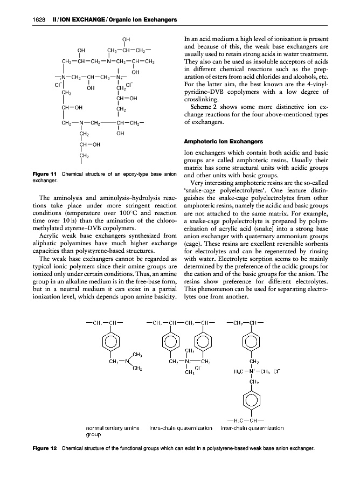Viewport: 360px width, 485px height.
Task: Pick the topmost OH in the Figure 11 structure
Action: pyautogui.click(x=126, y=39)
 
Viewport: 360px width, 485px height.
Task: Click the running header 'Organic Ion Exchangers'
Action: pyautogui.click(x=142, y=20)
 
